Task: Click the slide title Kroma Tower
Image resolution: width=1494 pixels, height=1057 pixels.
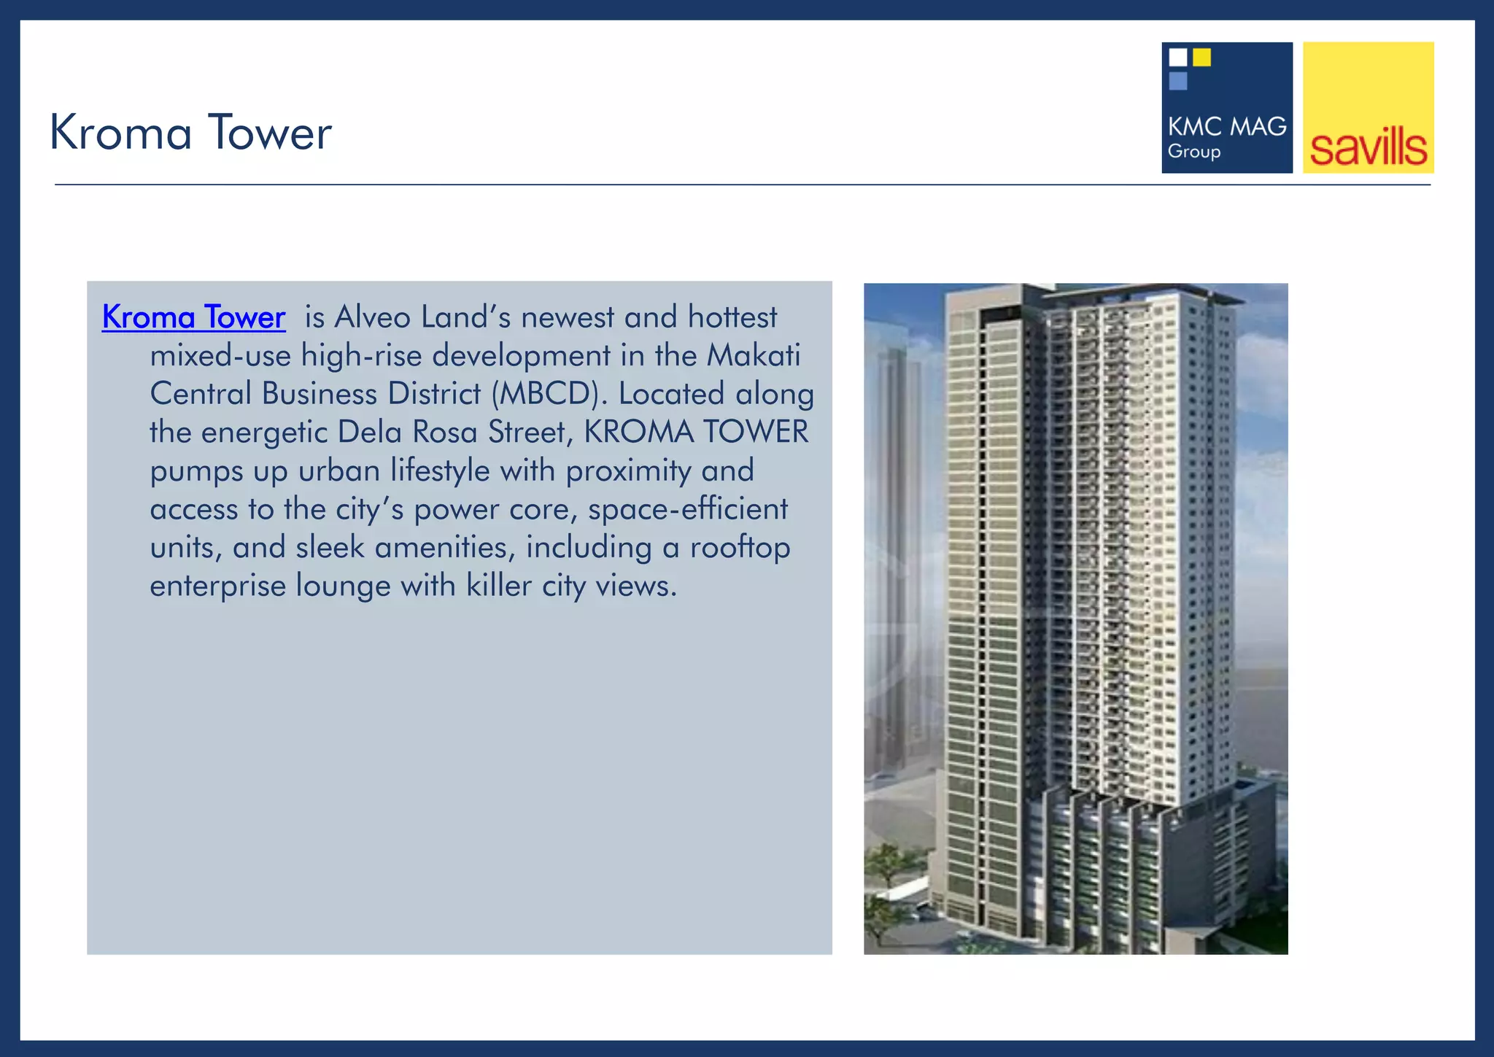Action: point(190,133)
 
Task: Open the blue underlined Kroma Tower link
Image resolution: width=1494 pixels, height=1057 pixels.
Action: point(193,317)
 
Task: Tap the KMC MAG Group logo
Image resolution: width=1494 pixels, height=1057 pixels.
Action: point(1226,108)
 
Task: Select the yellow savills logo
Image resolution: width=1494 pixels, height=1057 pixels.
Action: point(1368,108)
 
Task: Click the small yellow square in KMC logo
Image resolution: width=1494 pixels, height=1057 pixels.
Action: point(1201,57)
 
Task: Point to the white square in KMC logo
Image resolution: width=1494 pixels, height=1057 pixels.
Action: point(1177,57)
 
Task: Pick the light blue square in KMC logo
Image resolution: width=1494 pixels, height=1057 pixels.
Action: point(1177,81)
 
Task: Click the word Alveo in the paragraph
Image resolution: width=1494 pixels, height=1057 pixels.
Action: point(372,317)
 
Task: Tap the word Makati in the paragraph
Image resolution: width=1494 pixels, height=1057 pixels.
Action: point(754,356)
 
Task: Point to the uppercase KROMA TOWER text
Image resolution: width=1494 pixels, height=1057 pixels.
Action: point(696,433)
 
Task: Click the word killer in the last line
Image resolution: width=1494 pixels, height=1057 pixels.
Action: point(499,586)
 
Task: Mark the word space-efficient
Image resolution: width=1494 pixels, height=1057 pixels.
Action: point(688,509)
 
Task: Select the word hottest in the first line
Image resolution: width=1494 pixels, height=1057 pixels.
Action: point(732,317)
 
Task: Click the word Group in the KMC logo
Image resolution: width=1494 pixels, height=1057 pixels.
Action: point(1193,152)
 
